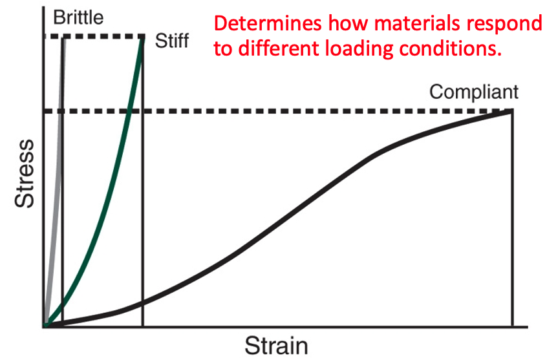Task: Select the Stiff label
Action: [x=172, y=42]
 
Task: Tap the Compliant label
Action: [x=474, y=92]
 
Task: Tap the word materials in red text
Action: [x=420, y=24]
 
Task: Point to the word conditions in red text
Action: [x=458, y=48]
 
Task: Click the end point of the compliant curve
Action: [x=512, y=111]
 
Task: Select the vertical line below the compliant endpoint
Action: [x=512, y=220]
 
